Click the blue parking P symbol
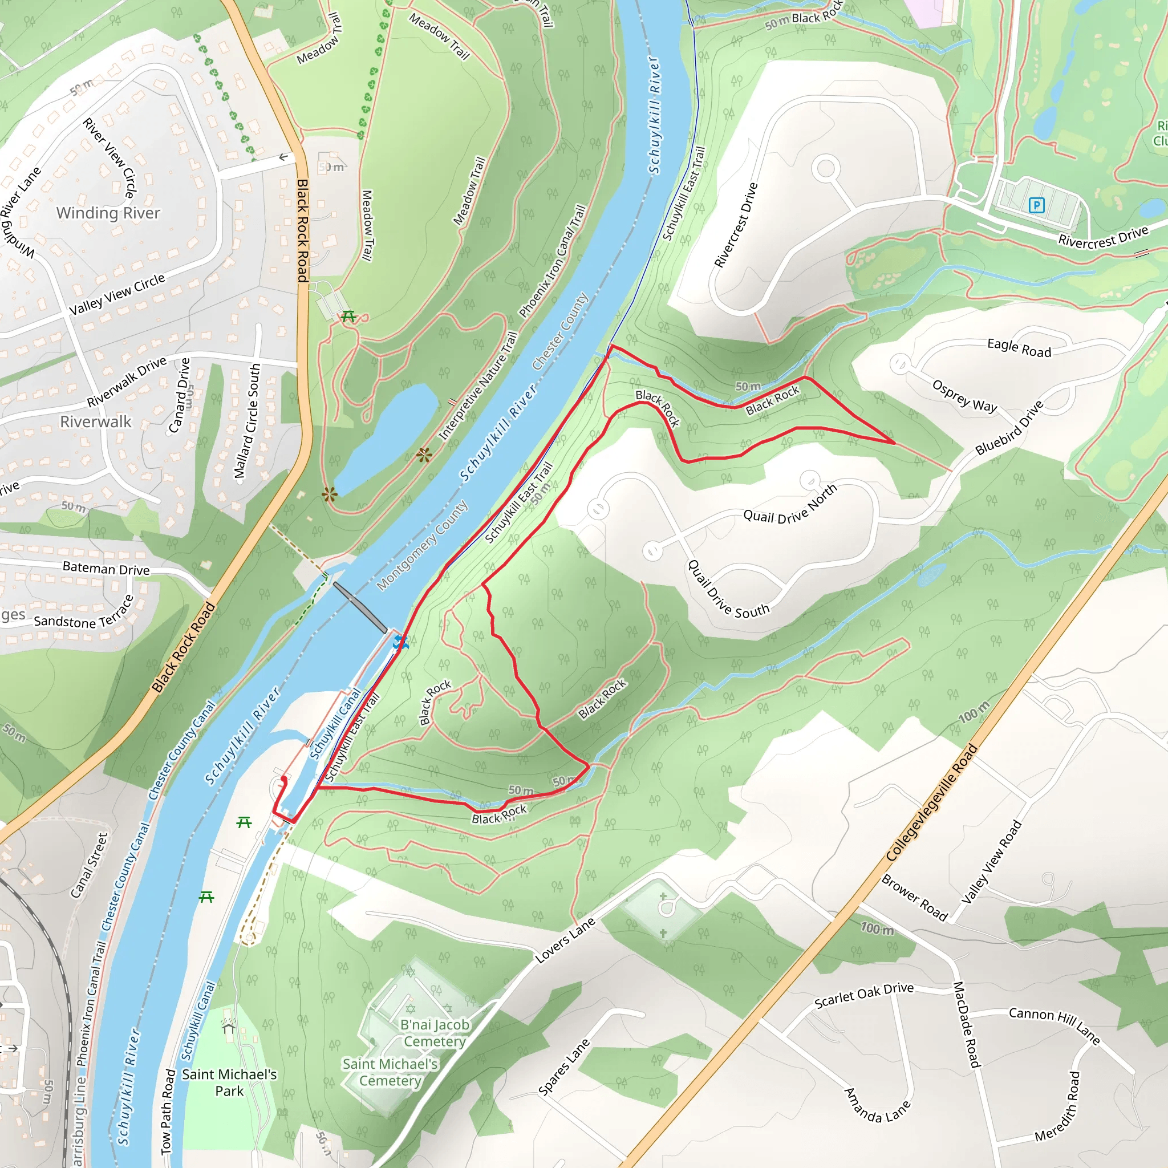coord(1036,205)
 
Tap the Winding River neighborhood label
coord(108,213)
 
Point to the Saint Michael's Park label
coord(229,1082)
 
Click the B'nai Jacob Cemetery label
coord(435,1033)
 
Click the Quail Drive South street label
coord(728,590)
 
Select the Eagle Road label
coord(1019,348)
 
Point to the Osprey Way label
coord(964,396)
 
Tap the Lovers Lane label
coord(566,940)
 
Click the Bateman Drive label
coord(107,568)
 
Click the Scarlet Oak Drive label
coord(864,995)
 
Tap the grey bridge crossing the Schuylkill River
coord(360,607)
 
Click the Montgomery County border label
coord(422,545)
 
